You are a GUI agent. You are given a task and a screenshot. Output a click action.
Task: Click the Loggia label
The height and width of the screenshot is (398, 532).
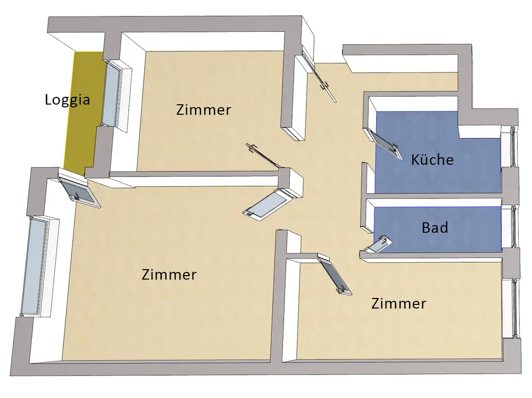(x=67, y=99)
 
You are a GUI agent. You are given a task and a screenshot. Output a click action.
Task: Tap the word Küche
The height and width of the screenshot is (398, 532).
(x=432, y=159)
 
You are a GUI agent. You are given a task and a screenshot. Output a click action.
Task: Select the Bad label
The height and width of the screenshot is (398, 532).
(x=435, y=228)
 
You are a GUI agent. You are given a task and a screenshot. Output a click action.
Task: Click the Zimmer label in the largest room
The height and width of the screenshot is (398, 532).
(x=169, y=275)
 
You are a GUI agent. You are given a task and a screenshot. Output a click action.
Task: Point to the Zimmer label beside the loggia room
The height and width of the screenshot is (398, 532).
(x=203, y=110)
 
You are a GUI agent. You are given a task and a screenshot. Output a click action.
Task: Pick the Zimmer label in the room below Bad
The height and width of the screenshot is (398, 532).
(x=398, y=304)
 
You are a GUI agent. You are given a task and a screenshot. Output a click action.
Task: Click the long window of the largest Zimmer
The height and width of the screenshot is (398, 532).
(x=37, y=266)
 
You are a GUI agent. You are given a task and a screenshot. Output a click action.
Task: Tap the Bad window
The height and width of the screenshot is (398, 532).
(x=513, y=226)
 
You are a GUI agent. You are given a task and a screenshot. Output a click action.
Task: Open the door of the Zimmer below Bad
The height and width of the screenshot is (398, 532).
(x=334, y=274)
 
